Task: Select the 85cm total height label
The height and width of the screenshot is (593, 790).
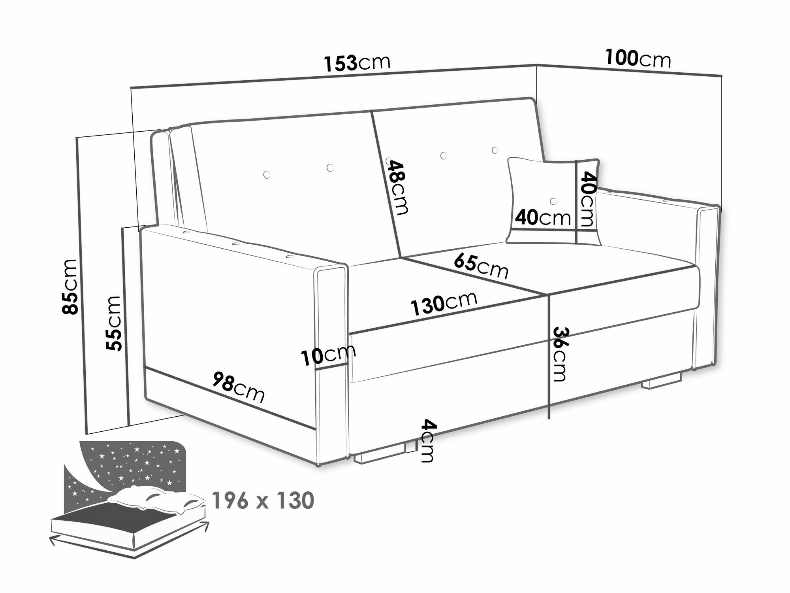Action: pos(70,287)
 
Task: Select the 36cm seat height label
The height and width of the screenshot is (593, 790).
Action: pos(560,354)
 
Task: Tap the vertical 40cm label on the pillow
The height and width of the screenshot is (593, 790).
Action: pos(587,200)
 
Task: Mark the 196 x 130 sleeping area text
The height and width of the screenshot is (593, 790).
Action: pos(263,501)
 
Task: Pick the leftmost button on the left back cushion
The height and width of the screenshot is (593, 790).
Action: pos(267,174)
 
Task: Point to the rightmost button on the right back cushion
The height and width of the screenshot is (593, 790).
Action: pos(495,150)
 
